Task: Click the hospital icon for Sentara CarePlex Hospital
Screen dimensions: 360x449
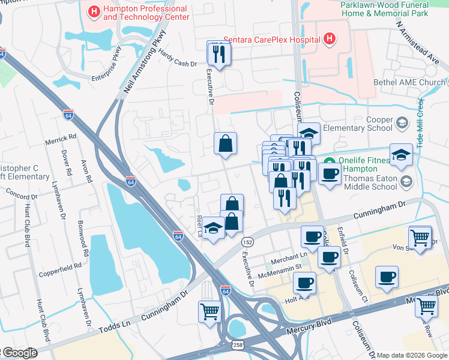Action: (329, 40)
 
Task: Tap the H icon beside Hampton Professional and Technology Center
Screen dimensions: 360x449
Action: (94, 11)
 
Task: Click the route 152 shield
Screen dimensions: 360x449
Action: (247, 241)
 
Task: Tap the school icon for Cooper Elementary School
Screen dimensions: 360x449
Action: (402, 124)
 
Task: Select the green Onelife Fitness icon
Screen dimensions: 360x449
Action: (328, 161)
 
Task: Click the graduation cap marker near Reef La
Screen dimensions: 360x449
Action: (213, 228)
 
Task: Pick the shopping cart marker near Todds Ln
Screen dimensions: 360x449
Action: (209, 311)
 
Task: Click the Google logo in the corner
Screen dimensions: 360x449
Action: (19, 353)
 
